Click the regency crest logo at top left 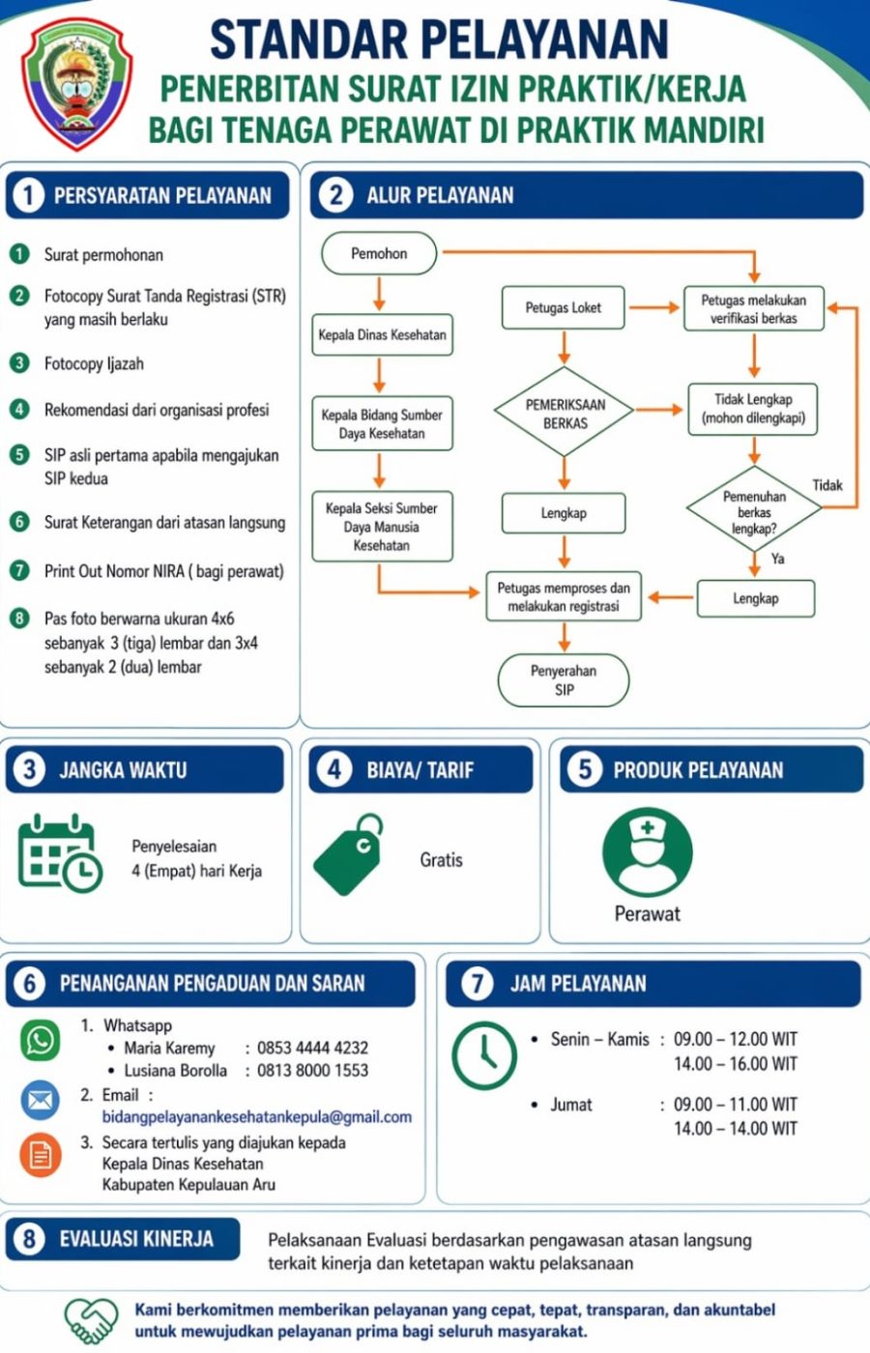76,83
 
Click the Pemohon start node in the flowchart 379,253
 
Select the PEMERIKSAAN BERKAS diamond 565,412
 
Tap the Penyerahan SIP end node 564,680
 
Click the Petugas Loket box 563,307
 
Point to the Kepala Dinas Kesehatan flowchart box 383,334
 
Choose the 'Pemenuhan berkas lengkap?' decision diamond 754,508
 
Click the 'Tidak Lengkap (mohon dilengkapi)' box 753,409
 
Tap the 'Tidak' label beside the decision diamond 827,485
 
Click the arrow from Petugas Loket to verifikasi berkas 654,307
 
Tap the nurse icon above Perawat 648,851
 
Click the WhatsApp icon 41,1040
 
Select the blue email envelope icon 41,1100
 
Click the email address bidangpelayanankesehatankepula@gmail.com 257,1117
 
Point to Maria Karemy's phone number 312,1048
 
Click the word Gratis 441,859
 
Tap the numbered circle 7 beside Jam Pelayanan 477,984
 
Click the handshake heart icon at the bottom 91,1320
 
